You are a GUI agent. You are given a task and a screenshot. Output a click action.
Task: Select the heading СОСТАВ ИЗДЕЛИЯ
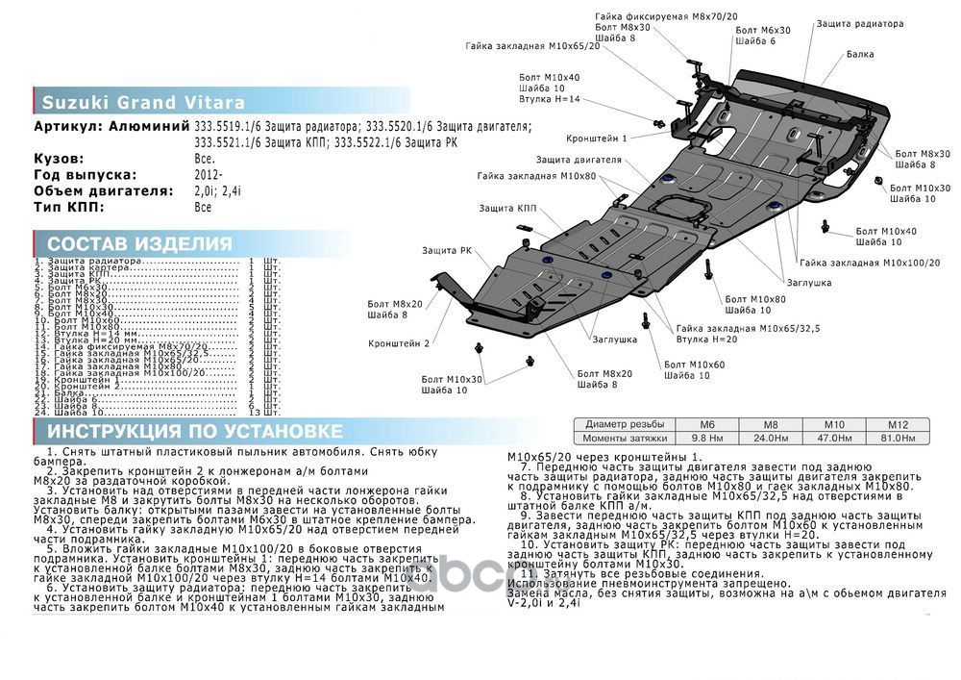pyautogui.click(x=139, y=243)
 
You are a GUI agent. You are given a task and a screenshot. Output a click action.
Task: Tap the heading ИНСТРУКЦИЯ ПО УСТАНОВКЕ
pyautogui.click(x=195, y=430)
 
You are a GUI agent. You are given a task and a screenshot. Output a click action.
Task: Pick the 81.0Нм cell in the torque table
pyautogui.click(x=897, y=438)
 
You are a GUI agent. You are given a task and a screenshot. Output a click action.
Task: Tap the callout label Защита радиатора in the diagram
pyautogui.click(x=860, y=23)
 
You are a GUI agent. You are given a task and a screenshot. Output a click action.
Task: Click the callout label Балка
pyautogui.click(x=860, y=55)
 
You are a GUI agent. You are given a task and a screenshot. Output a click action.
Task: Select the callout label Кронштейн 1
pyautogui.click(x=596, y=138)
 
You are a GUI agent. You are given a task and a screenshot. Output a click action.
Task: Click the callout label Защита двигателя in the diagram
pyautogui.click(x=572, y=159)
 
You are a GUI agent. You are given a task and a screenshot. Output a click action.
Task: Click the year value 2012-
pyautogui.click(x=208, y=175)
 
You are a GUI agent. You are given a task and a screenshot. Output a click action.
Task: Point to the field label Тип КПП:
pyautogui.click(x=69, y=207)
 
